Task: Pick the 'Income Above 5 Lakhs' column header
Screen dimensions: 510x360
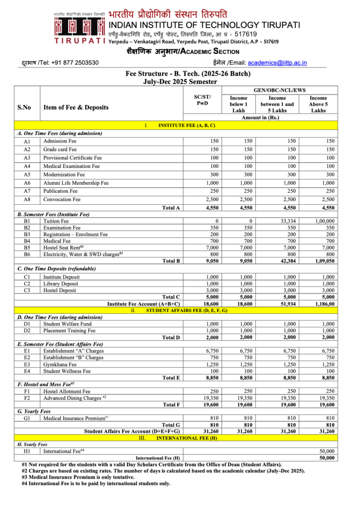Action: (318, 104)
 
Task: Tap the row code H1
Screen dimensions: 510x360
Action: (27, 451)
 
